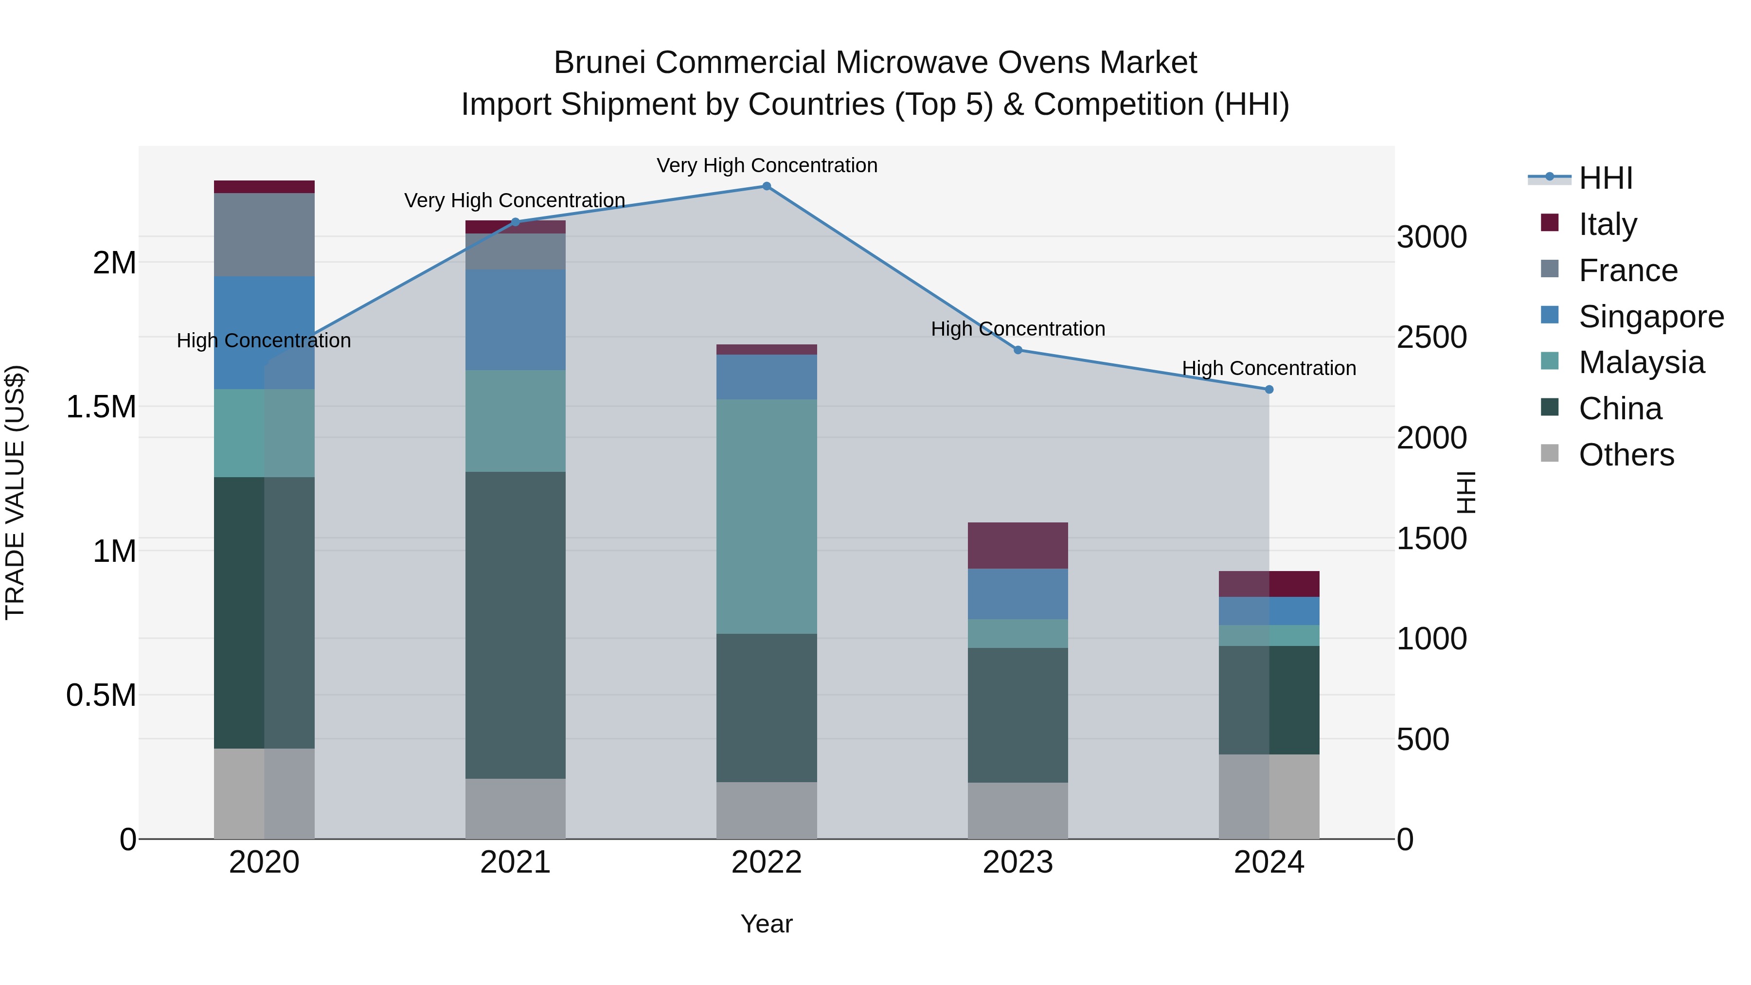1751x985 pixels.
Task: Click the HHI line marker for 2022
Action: click(767, 186)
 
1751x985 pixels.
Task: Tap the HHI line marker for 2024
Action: click(1269, 390)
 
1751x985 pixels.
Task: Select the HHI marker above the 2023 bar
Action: click(1018, 350)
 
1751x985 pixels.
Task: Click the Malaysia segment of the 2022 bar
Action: click(767, 517)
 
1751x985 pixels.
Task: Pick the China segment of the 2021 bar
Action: click(515, 626)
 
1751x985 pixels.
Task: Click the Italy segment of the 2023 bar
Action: click(1018, 545)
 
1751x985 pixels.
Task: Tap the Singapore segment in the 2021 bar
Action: click(515, 320)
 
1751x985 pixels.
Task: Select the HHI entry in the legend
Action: click(1605, 178)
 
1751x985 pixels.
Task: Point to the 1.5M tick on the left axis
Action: click(101, 407)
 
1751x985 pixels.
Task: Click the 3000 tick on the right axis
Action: click(1431, 237)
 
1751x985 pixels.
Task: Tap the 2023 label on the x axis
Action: click(1018, 862)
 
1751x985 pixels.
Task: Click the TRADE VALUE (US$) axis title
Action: click(15, 492)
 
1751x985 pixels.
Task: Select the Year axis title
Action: click(766, 924)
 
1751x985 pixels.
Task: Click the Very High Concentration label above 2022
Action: click(767, 165)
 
